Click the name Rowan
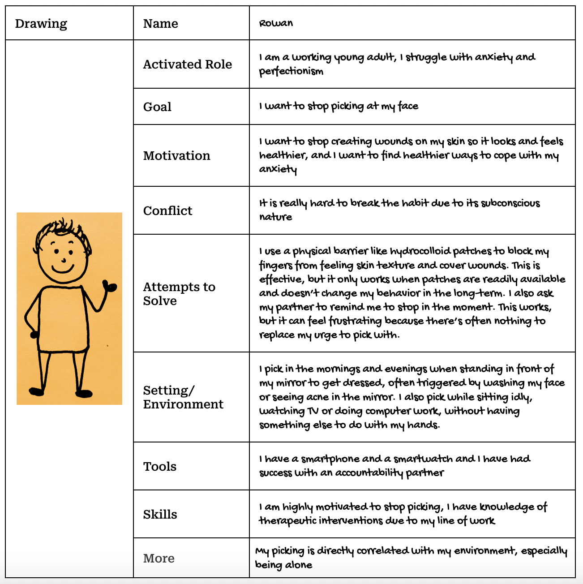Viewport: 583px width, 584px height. click(x=276, y=23)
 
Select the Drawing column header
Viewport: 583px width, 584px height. click(x=41, y=23)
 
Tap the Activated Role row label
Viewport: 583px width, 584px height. click(x=187, y=64)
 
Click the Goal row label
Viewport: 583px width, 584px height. click(x=157, y=107)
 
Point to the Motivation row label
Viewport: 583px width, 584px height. click(x=176, y=156)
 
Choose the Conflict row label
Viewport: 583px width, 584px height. click(x=167, y=211)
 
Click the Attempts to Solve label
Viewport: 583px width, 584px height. click(x=179, y=294)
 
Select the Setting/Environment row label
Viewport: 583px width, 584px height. click(x=183, y=397)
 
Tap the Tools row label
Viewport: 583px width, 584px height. click(x=160, y=467)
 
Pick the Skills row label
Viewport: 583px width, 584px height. click(x=160, y=515)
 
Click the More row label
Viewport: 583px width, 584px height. click(x=159, y=558)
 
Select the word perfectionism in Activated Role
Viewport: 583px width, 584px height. click(x=291, y=71)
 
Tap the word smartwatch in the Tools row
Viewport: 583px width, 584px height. click(x=423, y=459)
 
